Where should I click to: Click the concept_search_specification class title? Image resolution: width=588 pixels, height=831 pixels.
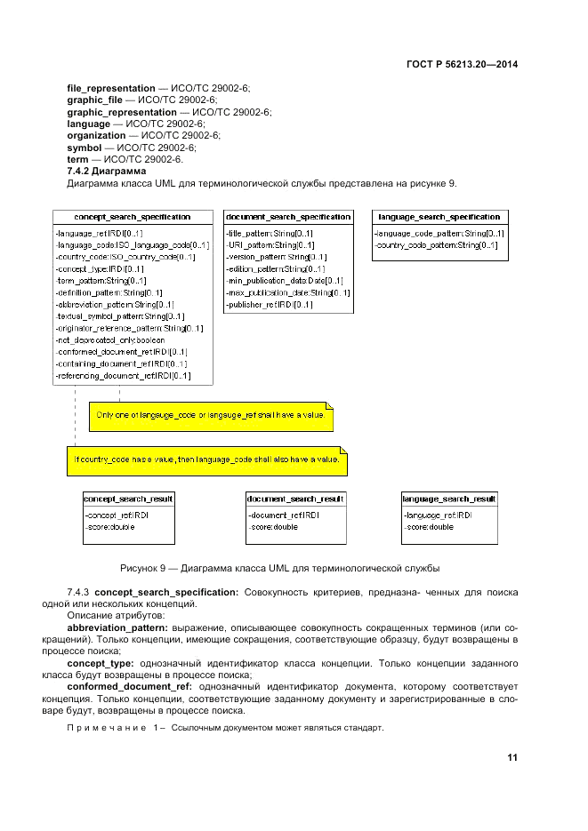133,217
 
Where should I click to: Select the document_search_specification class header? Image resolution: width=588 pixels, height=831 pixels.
287,217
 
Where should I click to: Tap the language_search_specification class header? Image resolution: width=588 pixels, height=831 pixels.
439,217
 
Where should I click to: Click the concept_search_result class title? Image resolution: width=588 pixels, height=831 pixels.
129,499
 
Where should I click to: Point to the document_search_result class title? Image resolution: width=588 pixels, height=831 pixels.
295,499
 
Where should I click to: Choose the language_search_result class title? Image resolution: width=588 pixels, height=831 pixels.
449,499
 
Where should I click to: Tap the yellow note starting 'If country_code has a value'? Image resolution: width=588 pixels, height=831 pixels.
206,459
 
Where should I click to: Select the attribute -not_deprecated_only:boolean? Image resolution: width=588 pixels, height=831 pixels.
110,340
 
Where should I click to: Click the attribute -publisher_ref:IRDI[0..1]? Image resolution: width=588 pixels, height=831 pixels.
269,304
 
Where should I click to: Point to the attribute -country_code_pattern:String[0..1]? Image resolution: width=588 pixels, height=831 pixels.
436,244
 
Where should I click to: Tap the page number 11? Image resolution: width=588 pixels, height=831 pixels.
512,757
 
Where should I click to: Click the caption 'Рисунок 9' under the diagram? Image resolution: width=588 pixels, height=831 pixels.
280,567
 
